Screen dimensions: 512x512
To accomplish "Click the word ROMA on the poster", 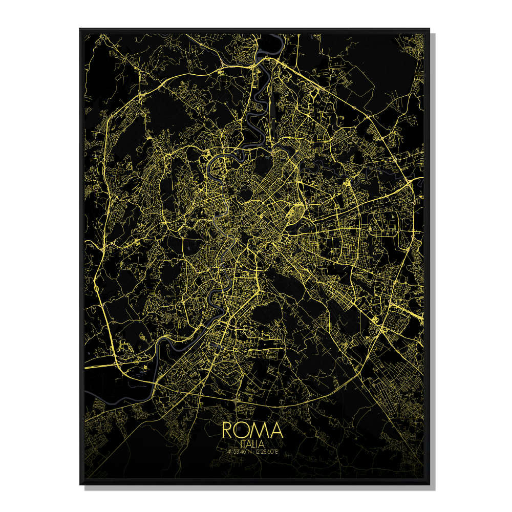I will pos(252,430).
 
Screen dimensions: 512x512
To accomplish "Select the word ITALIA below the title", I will pos(252,444).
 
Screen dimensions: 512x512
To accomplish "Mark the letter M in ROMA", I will pos(260,430).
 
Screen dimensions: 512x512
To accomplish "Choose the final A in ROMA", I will pos(275,430).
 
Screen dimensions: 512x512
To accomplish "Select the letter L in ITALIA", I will pos(254,444).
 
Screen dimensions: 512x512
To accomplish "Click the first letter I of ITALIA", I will pos(240,444).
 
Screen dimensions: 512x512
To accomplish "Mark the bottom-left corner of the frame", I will pos(80,484).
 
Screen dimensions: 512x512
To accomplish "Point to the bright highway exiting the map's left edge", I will pos(86,367).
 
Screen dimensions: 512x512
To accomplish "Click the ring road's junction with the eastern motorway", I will pos(413,185).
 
